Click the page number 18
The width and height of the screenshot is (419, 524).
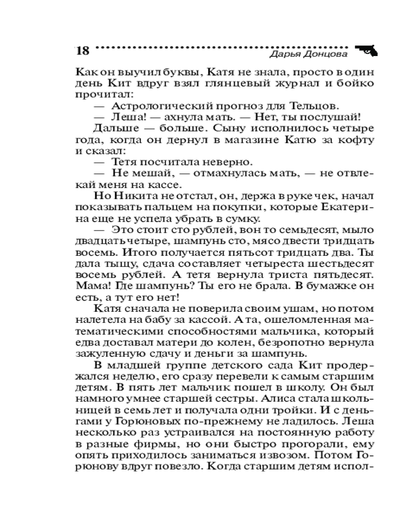pyautogui.click(x=83, y=51)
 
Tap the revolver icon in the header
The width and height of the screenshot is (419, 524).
pyautogui.click(x=368, y=50)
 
